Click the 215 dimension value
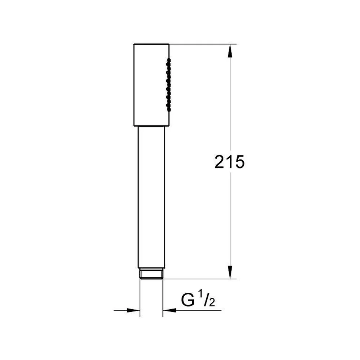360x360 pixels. (230, 162)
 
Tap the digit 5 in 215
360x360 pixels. (240, 162)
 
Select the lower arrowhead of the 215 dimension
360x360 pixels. (230, 272)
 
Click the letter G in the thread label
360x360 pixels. (188, 300)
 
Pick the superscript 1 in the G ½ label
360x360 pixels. (201, 294)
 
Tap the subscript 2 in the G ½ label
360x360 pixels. (212, 302)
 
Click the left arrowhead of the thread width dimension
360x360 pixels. (134, 310)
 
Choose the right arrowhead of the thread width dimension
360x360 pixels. (170, 310)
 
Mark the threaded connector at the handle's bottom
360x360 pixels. (151, 274)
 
